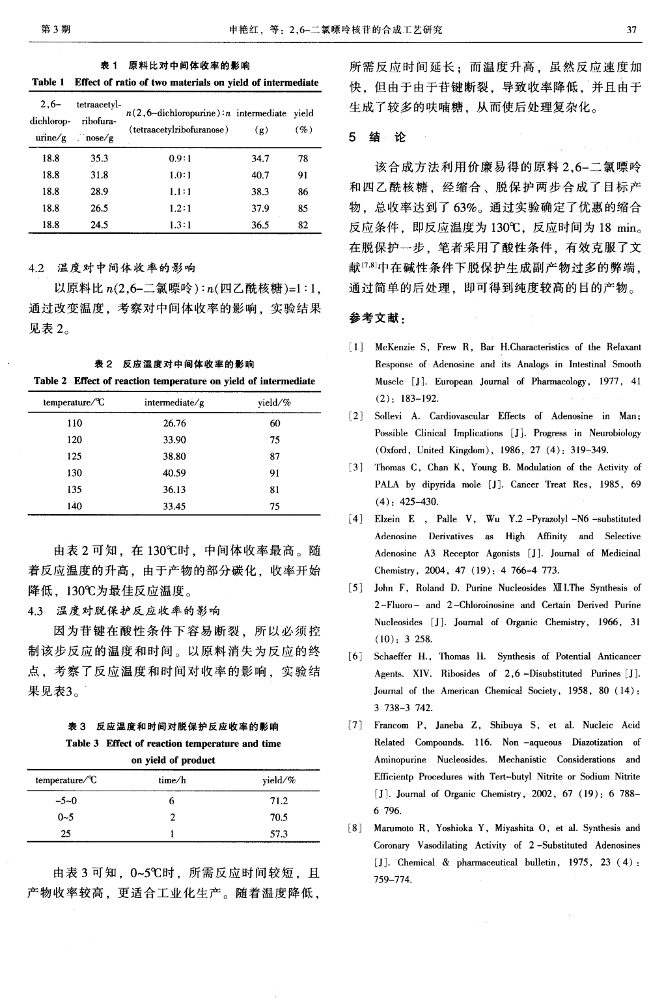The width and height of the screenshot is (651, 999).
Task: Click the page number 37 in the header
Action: point(630,29)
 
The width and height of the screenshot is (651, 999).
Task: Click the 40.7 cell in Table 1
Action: point(260,175)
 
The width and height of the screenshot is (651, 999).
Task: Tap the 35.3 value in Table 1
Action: point(99,158)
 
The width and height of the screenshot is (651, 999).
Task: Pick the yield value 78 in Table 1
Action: point(303,158)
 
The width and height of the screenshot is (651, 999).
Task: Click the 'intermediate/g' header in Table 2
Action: point(174,402)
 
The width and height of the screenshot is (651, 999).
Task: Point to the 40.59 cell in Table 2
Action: point(174,473)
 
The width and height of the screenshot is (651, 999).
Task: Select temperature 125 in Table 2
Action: point(74,457)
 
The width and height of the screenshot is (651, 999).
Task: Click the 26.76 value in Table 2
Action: point(174,423)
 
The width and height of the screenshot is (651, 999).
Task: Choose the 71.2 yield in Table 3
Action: point(279,801)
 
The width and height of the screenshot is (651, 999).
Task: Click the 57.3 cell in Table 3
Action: point(279,834)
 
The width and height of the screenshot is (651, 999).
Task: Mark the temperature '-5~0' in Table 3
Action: point(66,801)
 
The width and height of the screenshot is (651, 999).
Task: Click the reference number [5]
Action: point(355,587)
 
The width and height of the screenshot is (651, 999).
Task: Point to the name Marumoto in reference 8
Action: point(395,828)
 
